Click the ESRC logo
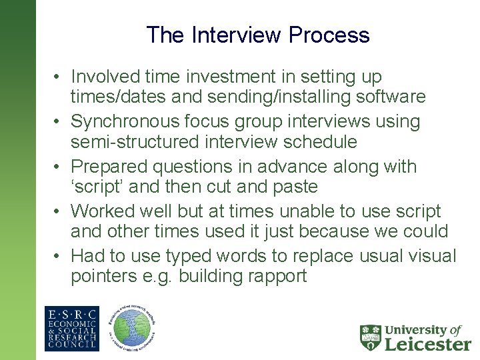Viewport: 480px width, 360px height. coord(71,329)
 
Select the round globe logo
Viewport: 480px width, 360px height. coord(133,329)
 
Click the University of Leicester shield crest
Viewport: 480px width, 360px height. coord(371,337)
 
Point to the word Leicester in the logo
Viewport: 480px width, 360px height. coord(428,343)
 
